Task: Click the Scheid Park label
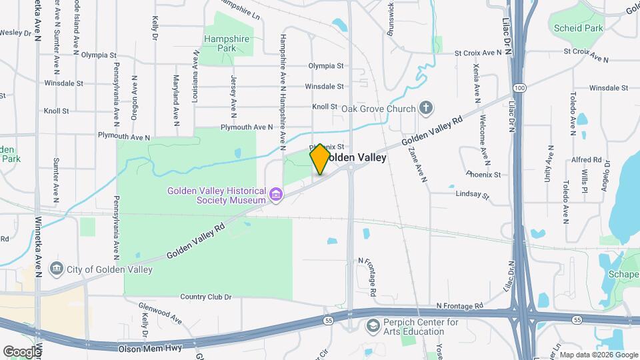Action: click(578, 28)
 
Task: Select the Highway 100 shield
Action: click(519, 88)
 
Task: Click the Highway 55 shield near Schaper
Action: click(577, 320)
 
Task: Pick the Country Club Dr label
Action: click(205, 297)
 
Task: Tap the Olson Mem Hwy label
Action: click(145, 349)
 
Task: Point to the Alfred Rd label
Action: click(587, 160)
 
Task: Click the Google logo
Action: click(22, 351)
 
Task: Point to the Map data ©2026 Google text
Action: click(597, 355)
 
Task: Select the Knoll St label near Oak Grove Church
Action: click(325, 107)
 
